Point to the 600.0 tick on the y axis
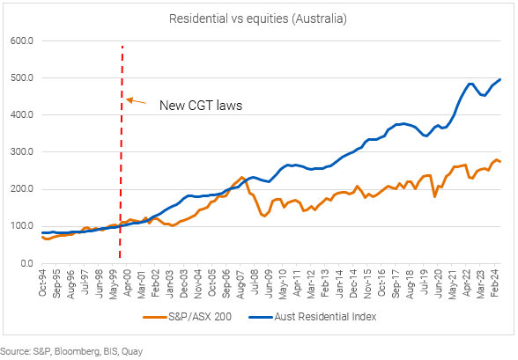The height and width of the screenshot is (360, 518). [22, 40]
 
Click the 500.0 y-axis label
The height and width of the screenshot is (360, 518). [22, 77]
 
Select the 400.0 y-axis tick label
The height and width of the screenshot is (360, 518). [22, 114]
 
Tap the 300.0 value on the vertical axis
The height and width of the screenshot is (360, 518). [22, 151]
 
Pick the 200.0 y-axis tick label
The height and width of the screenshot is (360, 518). [22, 189]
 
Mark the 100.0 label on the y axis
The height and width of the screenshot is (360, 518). [22, 226]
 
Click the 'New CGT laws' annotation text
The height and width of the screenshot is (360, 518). [200, 106]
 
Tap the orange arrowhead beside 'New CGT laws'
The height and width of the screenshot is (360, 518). [129, 99]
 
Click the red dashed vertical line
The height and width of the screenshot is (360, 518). [122, 176]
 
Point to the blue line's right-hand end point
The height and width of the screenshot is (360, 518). [501, 79]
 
